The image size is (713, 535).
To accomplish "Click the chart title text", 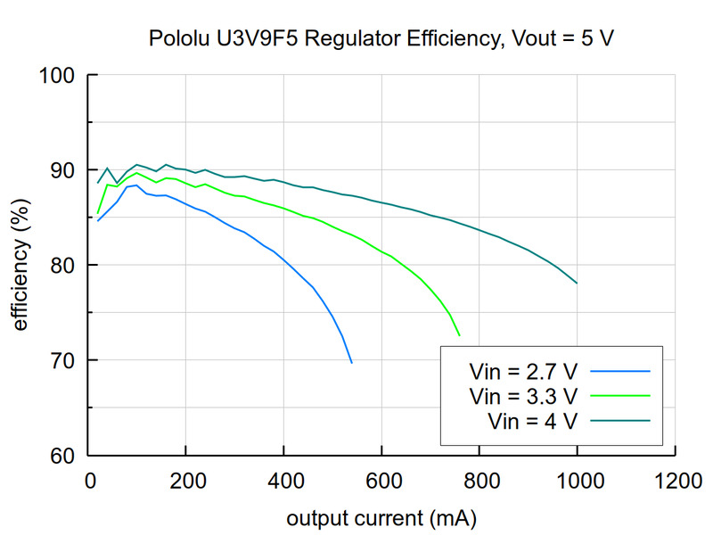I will click(382, 39).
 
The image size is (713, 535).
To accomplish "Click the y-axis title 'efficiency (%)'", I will click(20, 265).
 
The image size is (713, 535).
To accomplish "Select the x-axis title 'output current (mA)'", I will click(381, 518).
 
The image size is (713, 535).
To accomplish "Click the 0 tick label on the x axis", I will click(88, 482).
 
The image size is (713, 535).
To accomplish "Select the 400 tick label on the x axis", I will click(283, 482).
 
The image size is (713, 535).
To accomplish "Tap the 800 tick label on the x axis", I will click(479, 482).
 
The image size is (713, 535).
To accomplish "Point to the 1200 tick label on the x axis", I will click(675, 482).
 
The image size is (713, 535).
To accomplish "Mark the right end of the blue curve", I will click(352, 363).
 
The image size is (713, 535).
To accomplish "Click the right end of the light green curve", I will click(460, 336).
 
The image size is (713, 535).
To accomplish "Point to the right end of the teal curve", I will click(578, 284).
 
